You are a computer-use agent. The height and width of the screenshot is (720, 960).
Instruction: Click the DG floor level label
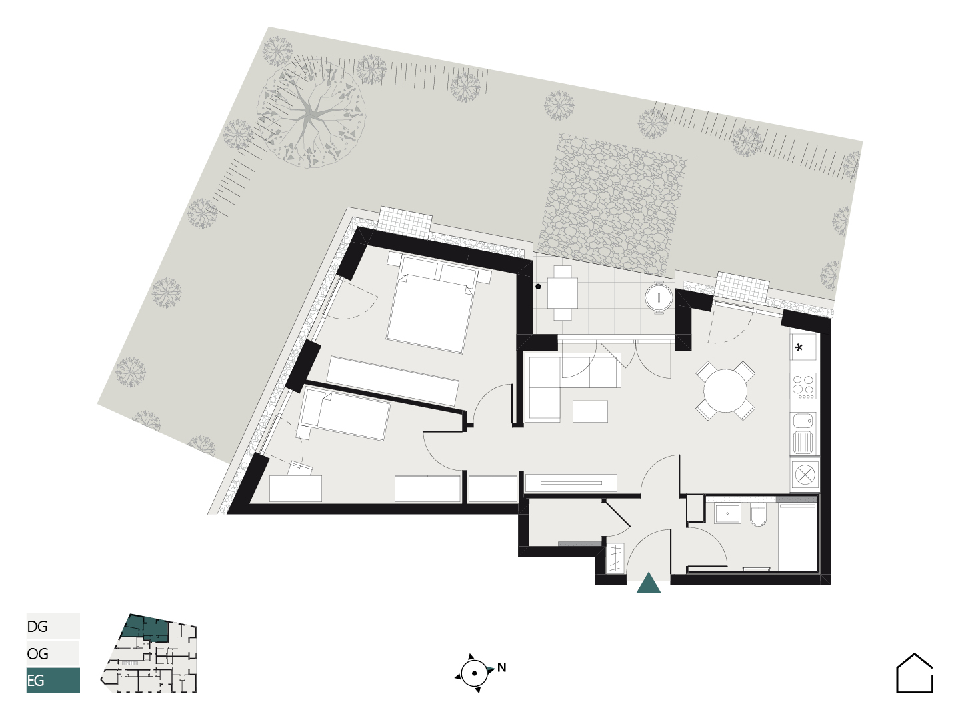(37, 627)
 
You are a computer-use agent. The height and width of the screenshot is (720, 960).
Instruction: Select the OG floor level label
(37, 653)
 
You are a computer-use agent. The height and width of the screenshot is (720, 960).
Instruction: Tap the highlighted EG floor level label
(35, 680)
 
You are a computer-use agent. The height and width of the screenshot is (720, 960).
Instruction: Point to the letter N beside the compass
(501, 667)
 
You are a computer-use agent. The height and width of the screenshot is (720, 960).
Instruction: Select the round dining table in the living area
(725, 391)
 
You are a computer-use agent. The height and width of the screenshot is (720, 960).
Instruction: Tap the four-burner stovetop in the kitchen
(803, 385)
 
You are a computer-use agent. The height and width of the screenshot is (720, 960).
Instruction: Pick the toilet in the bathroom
(758, 515)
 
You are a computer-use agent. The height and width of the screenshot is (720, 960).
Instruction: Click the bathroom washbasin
(727, 513)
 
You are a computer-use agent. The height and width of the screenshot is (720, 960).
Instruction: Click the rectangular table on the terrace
(562, 293)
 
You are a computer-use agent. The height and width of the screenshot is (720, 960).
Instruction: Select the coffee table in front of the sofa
(590, 411)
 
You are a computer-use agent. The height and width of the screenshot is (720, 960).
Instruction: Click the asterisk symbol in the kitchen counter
(799, 348)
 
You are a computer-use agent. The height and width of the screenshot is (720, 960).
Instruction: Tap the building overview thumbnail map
(149, 653)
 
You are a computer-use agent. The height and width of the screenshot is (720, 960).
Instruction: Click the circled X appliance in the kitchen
(805, 474)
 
